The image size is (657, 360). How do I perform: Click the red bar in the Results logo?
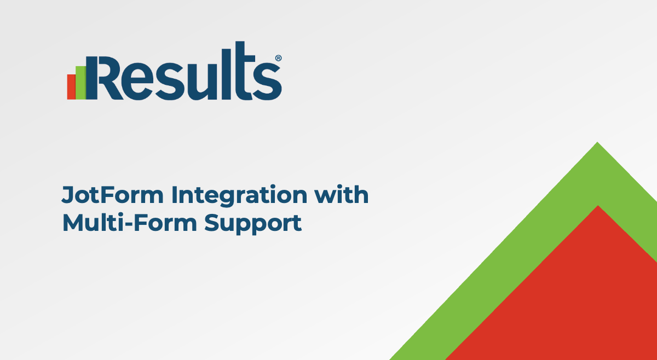pos(71,87)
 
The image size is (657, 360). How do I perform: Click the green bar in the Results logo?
pos(80,83)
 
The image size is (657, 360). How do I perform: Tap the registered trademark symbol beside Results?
pos(278,58)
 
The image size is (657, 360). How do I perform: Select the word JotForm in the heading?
pos(112,195)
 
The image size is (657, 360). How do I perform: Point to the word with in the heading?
pos(342,194)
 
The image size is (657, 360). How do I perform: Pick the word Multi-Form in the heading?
pos(130,223)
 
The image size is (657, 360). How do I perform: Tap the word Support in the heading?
pos(253,224)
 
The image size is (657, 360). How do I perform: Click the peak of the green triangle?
pos(597,142)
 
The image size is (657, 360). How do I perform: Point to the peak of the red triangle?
pos(598,206)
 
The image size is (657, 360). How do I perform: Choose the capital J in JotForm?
pos(68,195)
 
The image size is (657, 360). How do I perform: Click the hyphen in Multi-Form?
pos(129,225)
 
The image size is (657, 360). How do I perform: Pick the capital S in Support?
pos(212,223)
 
